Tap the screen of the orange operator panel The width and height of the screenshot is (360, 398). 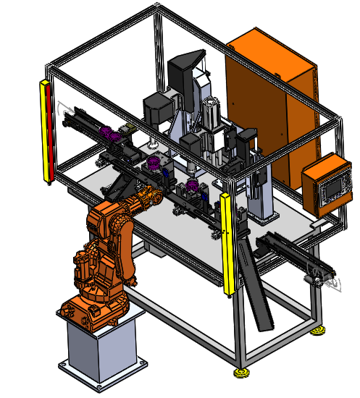pyautogui.click(x=327, y=187)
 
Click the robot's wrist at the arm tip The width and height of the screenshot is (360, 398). pyautogui.click(x=151, y=196)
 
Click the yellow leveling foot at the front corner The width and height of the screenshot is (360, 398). pyautogui.click(x=240, y=373)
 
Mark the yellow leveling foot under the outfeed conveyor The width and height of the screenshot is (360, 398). pyautogui.click(x=317, y=331)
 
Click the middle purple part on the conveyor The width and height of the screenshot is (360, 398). pyautogui.click(x=154, y=163)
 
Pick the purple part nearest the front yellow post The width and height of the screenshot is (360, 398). pyautogui.click(x=193, y=189)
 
